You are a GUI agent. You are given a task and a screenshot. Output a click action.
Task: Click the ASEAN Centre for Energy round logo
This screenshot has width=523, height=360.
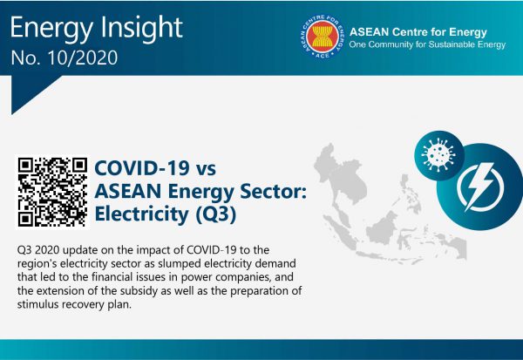323,36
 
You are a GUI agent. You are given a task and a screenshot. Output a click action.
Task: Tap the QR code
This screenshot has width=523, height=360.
52,192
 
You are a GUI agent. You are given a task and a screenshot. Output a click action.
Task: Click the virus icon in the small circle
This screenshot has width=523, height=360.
438,155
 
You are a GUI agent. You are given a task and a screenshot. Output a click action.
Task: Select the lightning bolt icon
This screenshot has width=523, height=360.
479,186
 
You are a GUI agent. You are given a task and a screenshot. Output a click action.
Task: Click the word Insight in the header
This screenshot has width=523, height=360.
141,28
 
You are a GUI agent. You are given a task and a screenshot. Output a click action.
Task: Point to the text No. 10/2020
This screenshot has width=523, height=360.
65,58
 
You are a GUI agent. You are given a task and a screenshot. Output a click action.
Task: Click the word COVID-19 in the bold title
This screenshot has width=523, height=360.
142,167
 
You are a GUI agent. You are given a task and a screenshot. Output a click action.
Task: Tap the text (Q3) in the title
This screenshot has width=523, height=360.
215,214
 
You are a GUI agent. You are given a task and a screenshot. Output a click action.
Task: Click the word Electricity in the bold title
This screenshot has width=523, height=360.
142,214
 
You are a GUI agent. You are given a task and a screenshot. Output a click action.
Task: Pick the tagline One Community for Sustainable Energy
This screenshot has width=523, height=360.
427,44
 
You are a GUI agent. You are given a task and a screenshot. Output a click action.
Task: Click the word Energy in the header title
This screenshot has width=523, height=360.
51,29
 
